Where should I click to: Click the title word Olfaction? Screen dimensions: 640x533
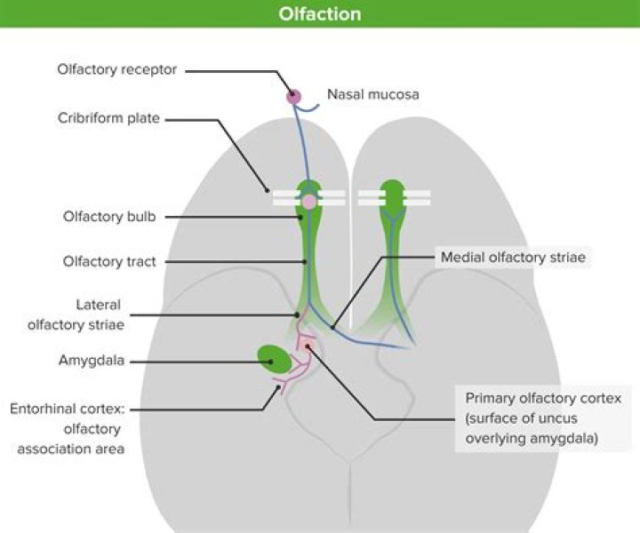(x=320, y=14)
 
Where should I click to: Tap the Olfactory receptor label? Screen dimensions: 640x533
(x=117, y=70)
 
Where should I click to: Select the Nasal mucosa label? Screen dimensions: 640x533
(x=373, y=95)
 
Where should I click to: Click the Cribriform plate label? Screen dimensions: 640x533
(x=108, y=118)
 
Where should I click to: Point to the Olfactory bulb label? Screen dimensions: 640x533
(x=109, y=217)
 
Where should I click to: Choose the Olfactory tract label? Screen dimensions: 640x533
(x=109, y=261)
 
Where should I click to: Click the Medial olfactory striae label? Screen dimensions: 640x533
(x=513, y=258)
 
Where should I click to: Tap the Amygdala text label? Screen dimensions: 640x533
(x=92, y=361)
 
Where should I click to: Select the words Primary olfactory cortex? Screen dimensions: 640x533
(x=543, y=398)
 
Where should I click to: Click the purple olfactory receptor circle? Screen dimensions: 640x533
(x=293, y=97)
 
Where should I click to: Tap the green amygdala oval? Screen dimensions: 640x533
(x=275, y=360)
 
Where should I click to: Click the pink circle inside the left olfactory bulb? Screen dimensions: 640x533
(x=309, y=202)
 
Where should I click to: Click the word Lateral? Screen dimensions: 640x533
(x=99, y=305)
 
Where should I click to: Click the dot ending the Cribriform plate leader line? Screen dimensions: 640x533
(x=267, y=190)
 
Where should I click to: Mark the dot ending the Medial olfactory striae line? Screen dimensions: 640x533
(x=332, y=327)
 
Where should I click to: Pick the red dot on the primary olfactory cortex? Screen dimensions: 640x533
(x=308, y=346)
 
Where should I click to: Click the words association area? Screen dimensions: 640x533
(x=70, y=449)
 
